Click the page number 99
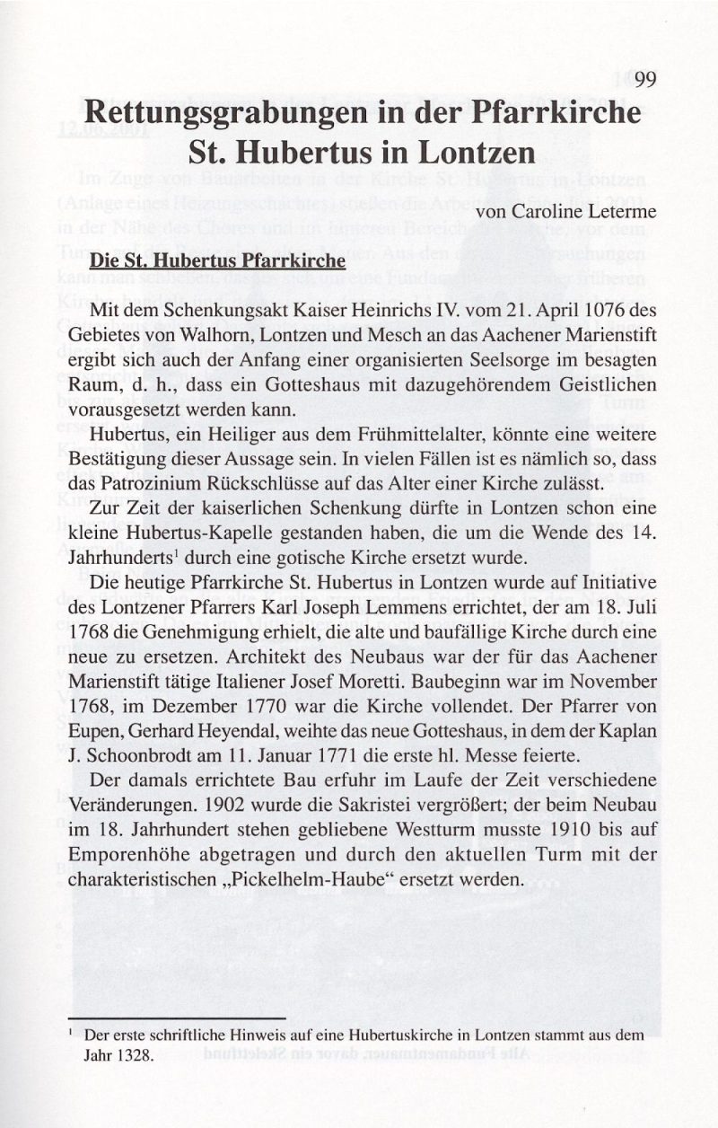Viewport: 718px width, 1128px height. tap(646, 81)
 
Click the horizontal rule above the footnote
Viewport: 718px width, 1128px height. tap(176, 1018)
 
